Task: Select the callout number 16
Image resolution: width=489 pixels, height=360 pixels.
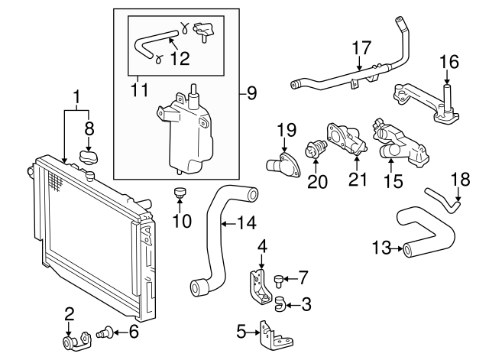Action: [449, 61]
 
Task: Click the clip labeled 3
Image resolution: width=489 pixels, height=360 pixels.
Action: [280, 306]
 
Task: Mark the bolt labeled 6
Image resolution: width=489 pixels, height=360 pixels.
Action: [106, 332]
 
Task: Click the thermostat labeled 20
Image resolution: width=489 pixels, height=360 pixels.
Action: [316, 150]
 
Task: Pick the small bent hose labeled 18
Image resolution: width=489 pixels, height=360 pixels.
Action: [445, 199]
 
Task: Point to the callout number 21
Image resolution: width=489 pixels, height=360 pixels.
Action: [358, 180]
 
